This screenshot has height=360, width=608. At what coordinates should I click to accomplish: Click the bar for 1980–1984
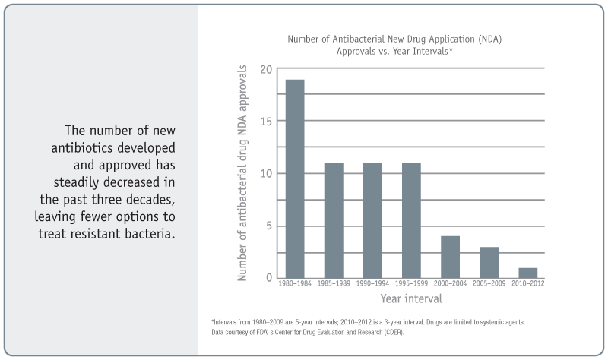294,178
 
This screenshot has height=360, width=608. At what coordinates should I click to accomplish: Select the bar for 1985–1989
334,220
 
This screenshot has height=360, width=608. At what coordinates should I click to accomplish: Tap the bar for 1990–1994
372,220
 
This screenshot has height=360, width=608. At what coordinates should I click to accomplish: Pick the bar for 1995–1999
411,220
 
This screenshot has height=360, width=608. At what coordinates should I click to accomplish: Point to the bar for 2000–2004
450,257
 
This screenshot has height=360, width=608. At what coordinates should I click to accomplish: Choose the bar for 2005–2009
489,262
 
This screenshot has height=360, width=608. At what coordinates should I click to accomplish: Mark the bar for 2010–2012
527,273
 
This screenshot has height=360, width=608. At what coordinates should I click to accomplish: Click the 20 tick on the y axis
265,70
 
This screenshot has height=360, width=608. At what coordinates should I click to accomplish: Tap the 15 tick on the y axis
265,122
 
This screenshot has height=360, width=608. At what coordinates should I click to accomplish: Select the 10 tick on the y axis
265,173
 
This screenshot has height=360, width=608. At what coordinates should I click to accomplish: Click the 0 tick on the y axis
268,277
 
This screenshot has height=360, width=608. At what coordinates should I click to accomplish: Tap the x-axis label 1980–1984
294,284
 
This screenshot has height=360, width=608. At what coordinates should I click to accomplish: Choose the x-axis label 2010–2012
527,284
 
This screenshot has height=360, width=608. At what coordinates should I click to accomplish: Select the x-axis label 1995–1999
411,284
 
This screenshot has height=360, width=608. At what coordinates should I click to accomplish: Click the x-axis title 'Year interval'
411,298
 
